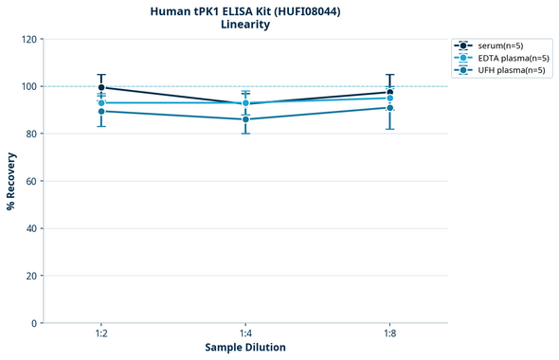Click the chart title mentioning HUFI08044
(x=245, y=10)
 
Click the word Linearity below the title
(x=245, y=25)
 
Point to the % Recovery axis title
(x=11, y=180)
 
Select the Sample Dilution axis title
(x=245, y=347)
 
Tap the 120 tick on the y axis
(x=28, y=40)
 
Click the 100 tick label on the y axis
(x=28, y=87)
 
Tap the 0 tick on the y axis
(x=34, y=323)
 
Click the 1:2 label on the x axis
(x=100, y=333)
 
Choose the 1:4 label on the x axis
(x=245, y=333)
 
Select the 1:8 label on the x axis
(x=390, y=333)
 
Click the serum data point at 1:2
(x=101, y=87)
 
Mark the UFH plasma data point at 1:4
(x=245, y=119)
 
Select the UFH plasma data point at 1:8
(x=390, y=108)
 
